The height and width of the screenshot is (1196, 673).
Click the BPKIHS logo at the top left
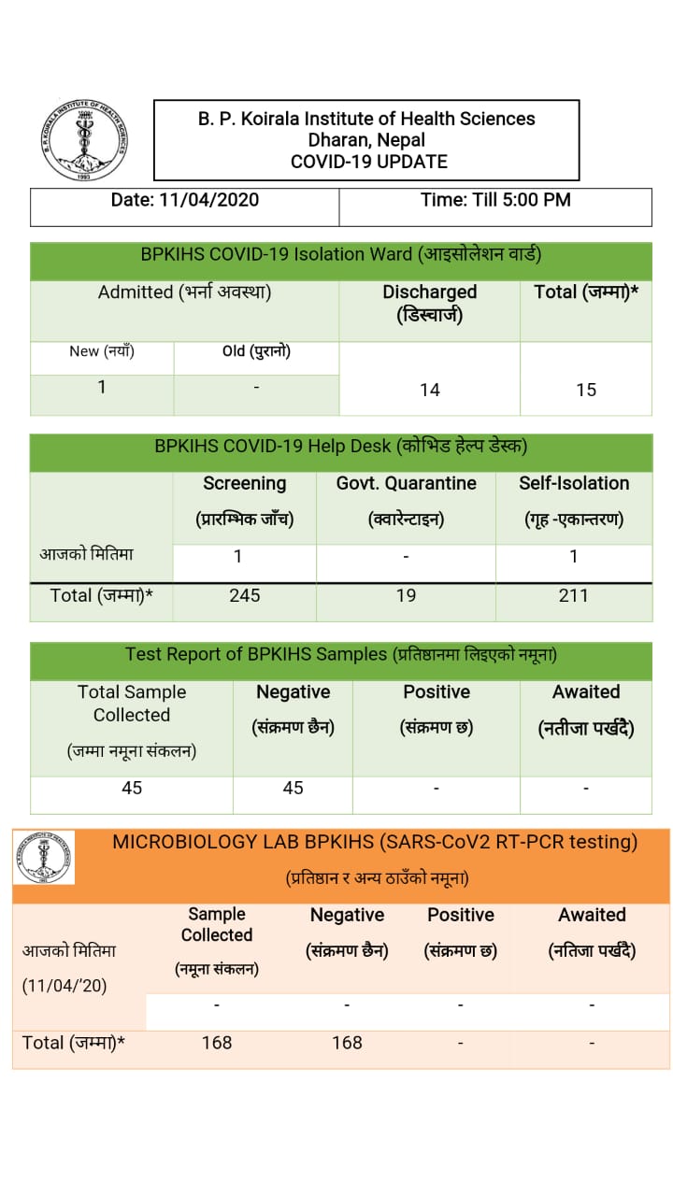85,141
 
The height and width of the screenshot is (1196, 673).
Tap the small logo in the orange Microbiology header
44,858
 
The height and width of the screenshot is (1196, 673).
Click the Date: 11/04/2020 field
185,200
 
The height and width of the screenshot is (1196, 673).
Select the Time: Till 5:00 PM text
495,200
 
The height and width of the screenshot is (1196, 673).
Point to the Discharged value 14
430,390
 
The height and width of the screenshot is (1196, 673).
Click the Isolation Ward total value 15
586,390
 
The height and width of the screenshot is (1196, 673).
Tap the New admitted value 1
102,387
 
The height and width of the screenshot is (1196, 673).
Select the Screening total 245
245,595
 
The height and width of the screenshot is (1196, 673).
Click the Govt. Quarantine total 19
406,595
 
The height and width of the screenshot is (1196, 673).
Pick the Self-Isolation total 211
573,595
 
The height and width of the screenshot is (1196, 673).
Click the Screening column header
245,483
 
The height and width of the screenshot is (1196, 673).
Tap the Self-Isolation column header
574,483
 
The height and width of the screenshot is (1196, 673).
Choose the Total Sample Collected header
132,704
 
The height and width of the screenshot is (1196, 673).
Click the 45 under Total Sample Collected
132,788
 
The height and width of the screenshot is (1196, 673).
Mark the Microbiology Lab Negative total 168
347,1042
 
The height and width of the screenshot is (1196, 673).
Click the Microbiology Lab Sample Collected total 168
217,1042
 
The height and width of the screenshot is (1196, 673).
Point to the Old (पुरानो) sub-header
256,351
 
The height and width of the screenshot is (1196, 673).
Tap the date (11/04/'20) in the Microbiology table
64,985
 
